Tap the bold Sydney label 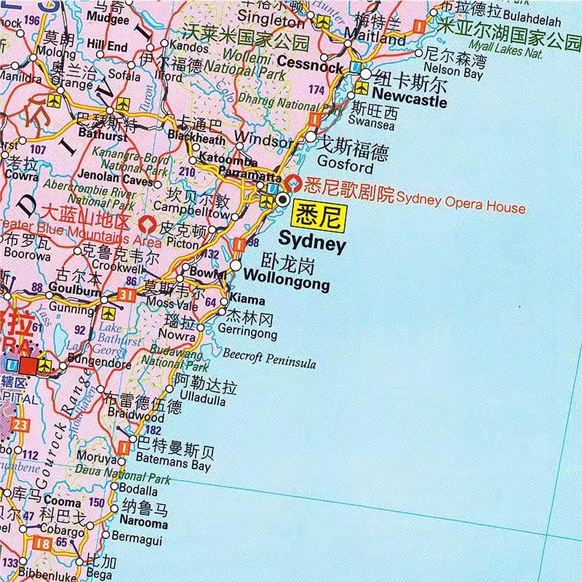312,241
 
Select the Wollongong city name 286,279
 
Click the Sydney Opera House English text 461,202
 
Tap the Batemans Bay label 173,463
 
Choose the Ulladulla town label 202,400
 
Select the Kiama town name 247,300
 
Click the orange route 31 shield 126,296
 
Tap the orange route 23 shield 20,425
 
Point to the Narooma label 144,523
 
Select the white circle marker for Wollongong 236,265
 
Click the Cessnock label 310,64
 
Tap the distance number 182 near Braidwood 153,430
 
